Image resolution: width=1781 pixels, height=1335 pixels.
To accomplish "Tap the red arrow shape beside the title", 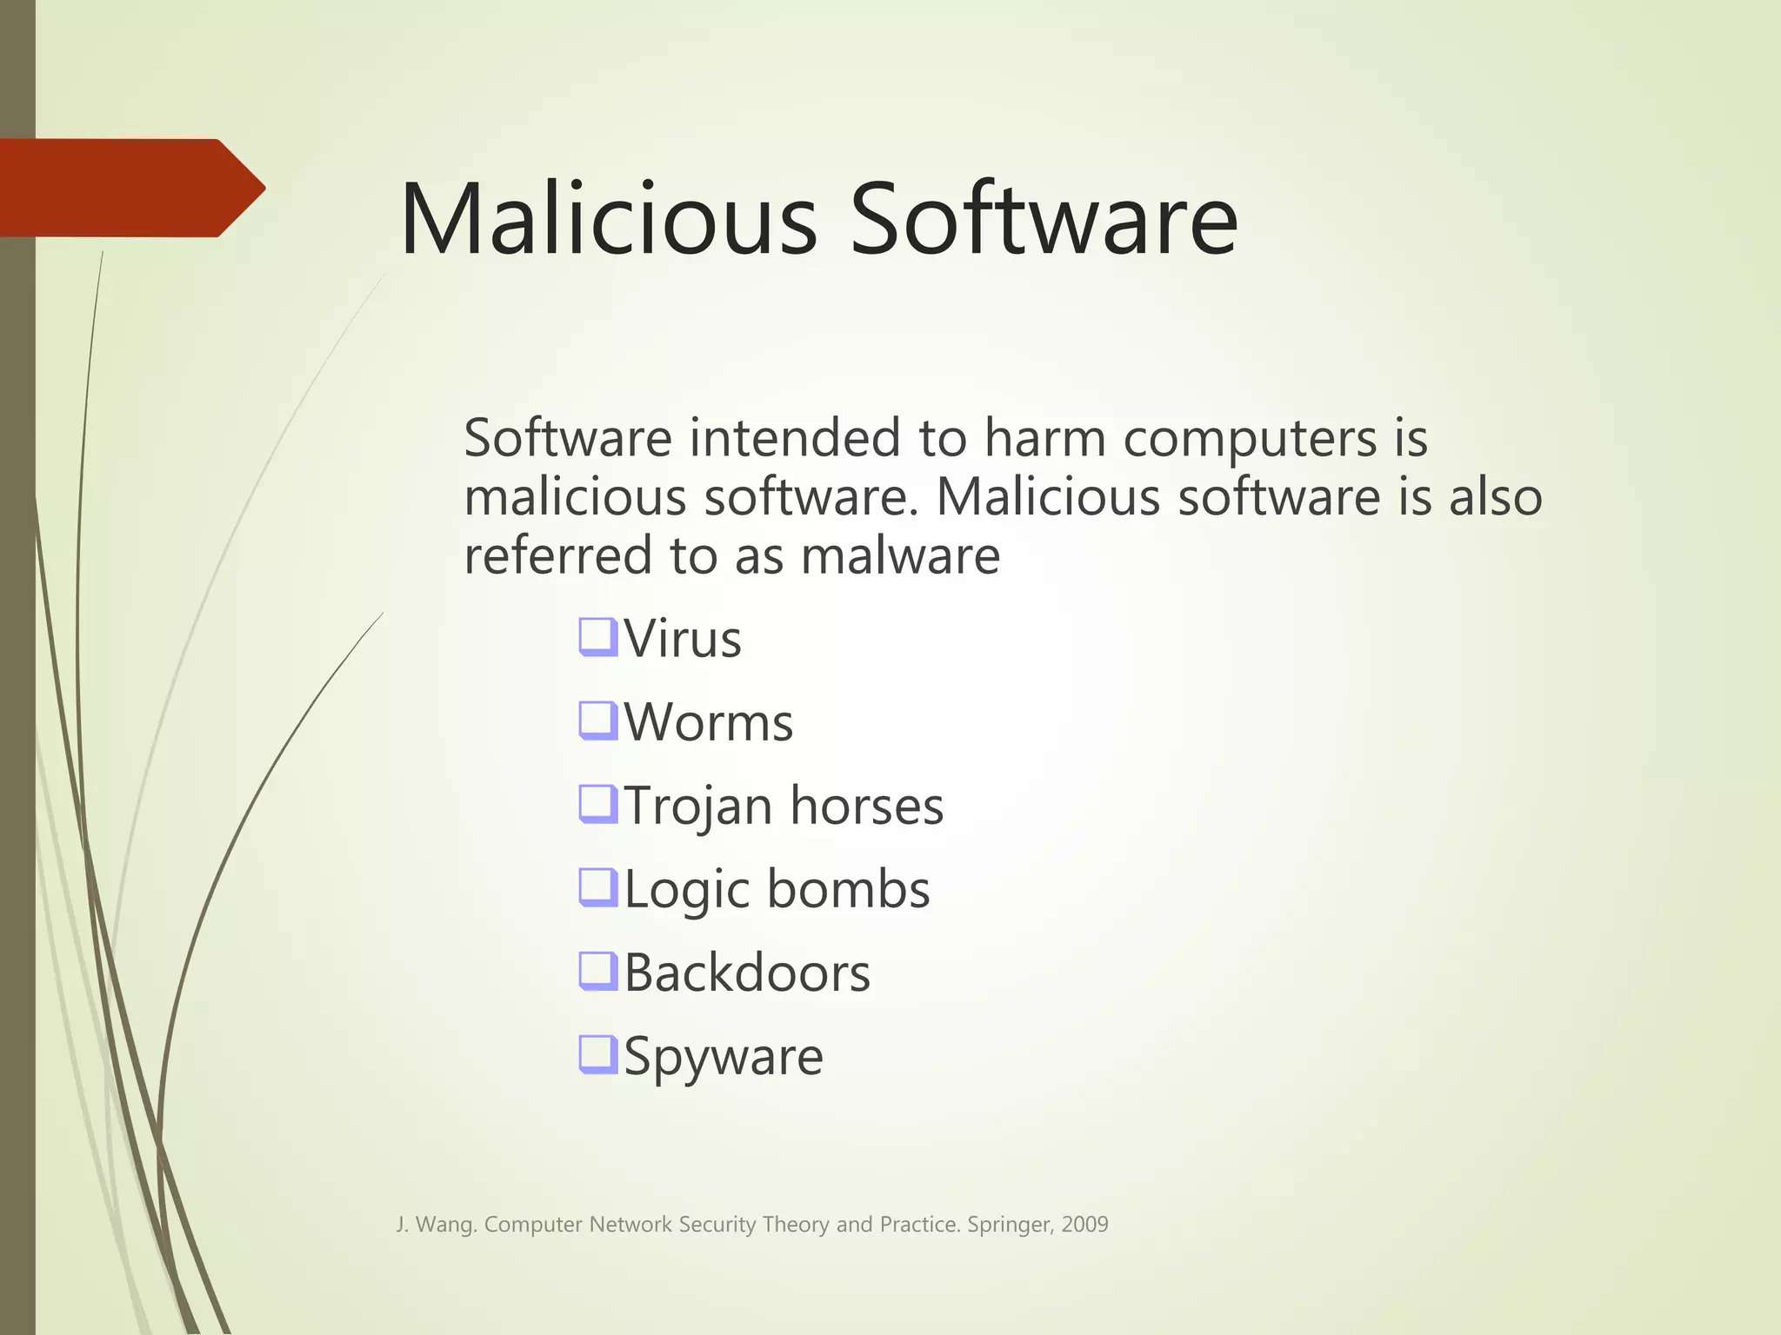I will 130,188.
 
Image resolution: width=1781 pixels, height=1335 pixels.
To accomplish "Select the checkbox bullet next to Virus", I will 598,636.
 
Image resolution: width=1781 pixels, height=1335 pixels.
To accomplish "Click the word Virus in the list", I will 683,639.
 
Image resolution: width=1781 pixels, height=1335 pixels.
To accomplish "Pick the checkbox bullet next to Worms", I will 598,720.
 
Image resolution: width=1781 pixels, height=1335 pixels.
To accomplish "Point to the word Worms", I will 709,722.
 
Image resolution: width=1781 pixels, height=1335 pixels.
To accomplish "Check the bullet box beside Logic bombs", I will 598,887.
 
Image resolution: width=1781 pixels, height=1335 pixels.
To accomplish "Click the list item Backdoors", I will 747,973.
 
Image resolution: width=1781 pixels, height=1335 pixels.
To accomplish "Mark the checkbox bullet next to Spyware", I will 598,1053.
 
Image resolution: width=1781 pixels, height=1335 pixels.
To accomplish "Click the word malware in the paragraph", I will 900,556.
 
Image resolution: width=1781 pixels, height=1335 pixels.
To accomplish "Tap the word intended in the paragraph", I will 795,437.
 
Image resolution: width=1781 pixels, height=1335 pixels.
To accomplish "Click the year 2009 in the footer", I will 1084,1225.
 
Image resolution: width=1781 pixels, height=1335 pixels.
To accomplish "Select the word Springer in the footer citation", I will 1009,1225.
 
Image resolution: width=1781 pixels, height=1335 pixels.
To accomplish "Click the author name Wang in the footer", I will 445,1225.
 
